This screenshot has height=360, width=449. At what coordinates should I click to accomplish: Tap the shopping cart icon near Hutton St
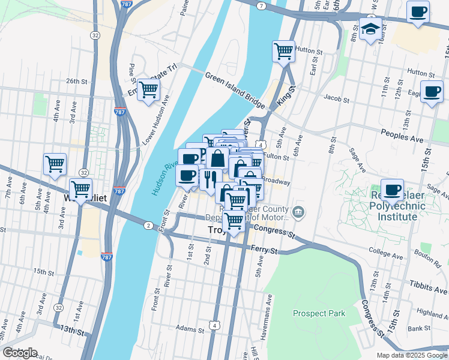283,50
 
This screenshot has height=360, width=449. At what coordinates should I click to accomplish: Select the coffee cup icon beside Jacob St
432,91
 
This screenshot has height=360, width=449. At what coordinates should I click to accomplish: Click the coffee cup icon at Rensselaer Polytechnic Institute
393,190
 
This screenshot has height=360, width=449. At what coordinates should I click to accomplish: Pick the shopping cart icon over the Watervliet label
80,188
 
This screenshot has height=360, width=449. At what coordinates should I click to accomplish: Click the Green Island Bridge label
235,91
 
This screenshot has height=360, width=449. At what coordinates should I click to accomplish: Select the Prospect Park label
319,313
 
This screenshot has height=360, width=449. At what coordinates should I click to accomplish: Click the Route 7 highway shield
261,5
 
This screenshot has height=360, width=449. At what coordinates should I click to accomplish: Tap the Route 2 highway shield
148,225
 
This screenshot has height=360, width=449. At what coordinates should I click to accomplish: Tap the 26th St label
77,81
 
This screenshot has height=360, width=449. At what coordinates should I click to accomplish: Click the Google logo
20,353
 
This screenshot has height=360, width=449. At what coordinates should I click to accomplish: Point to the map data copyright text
412,355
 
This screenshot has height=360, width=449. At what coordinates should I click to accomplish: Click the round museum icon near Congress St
298,211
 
